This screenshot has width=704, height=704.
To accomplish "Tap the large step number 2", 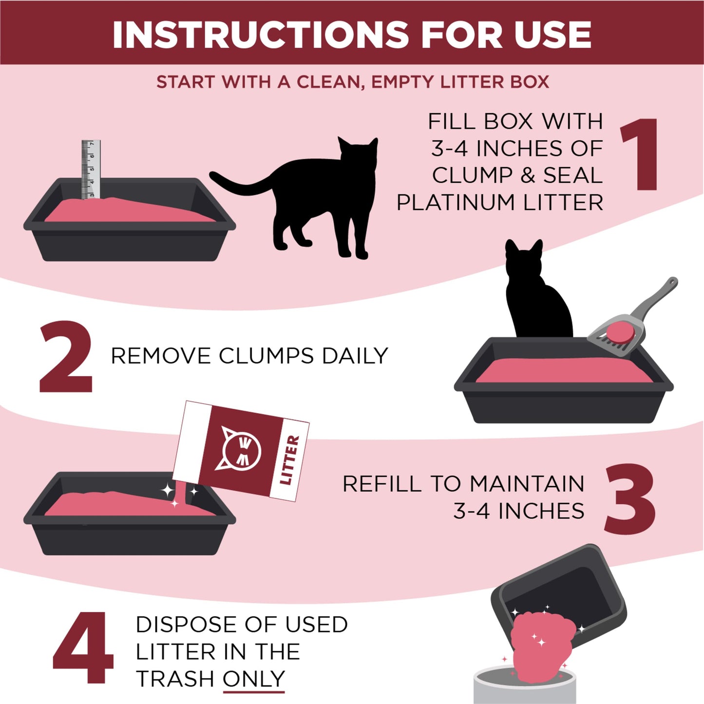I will point(66,357).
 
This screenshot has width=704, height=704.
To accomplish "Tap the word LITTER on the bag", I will point(289,460).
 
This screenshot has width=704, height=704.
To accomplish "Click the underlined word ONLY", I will point(253,679).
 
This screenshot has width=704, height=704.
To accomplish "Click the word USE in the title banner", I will point(552,35).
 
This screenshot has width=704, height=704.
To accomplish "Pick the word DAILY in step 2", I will point(355,356).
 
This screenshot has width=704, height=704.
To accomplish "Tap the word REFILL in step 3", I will point(381,484).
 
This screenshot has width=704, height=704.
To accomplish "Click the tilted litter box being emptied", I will point(560,585).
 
